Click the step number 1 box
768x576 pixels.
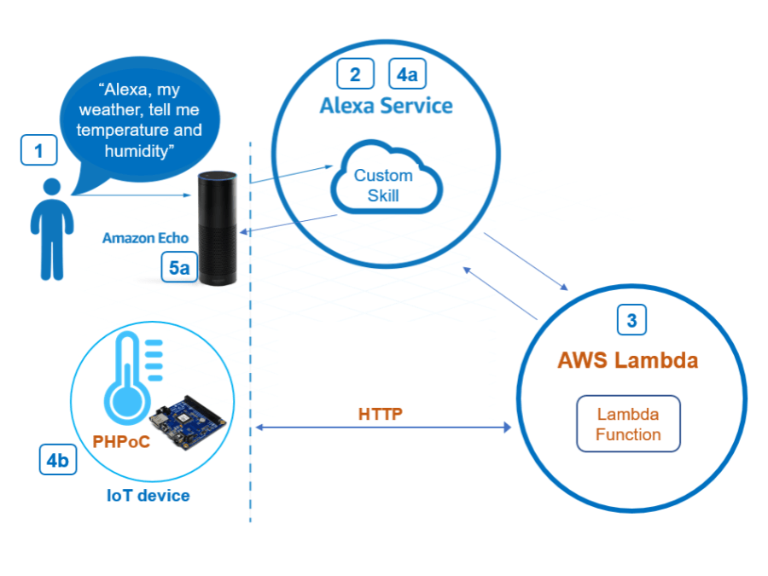point(38,151)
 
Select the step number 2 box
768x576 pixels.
point(355,74)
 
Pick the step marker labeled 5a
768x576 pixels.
point(179,268)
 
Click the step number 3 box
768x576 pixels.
point(631,321)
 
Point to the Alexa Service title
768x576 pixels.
point(386,106)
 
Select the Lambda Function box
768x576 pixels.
point(628,424)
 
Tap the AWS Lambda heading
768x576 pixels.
point(627,360)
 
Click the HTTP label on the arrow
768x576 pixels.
point(380,414)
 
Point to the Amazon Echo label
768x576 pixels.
point(145,238)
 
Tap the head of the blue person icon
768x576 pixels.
point(52,189)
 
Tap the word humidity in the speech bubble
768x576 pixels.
point(137,150)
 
